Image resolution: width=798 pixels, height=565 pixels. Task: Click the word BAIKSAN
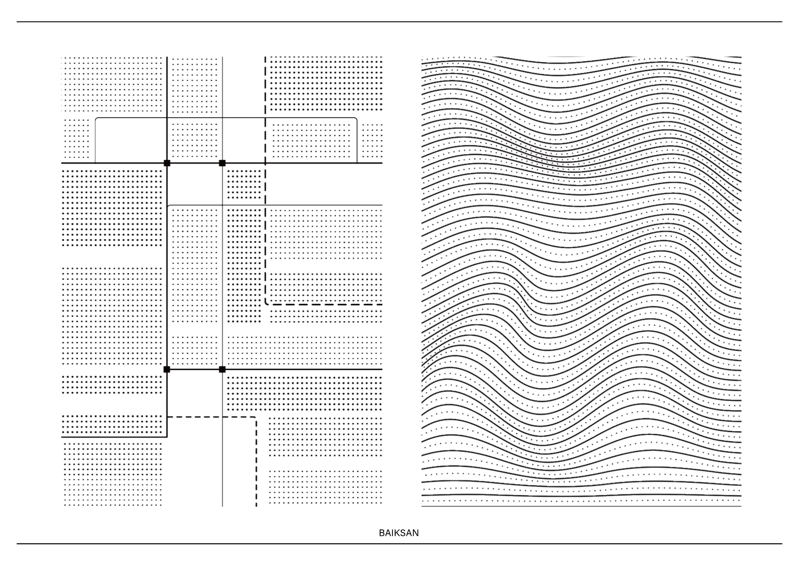pyautogui.click(x=399, y=533)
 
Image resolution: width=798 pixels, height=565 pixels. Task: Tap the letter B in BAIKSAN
pyautogui.click(x=382, y=533)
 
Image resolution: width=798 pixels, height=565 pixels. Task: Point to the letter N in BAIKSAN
pyautogui.click(x=416, y=533)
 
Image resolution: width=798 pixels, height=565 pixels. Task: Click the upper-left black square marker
pyautogui.click(x=167, y=163)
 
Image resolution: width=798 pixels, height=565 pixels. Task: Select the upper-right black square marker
pyautogui.click(x=222, y=163)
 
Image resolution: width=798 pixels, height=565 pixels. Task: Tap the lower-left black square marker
pyautogui.click(x=167, y=369)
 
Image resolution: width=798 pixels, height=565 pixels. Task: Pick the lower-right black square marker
pyautogui.click(x=222, y=369)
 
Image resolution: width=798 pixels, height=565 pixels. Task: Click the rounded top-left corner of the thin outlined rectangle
pyautogui.click(x=97, y=119)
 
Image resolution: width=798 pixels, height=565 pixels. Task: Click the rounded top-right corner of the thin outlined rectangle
pyautogui.click(x=356, y=119)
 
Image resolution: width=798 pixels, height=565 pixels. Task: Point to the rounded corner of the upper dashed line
pyautogui.click(x=266, y=303)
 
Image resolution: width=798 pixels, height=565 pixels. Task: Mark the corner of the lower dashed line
pyautogui.click(x=256, y=417)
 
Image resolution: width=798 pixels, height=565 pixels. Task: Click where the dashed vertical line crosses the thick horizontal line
pyautogui.click(x=265, y=163)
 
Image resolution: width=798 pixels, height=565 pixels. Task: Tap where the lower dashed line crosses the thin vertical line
pyautogui.click(x=222, y=417)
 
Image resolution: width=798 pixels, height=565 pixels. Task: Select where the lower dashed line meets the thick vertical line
pyautogui.click(x=167, y=417)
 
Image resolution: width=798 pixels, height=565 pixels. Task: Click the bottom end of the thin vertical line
pyautogui.click(x=222, y=506)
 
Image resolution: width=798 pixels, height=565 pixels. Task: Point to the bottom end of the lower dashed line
pyautogui.click(x=256, y=506)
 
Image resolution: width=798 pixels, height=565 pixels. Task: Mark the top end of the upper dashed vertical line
pyautogui.click(x=265, y=57)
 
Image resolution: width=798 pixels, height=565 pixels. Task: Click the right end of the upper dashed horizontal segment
pyautogui.click(x=381, y=304)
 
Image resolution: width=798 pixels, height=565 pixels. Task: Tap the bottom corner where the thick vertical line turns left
pyautogui.click(x=167, y=437)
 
